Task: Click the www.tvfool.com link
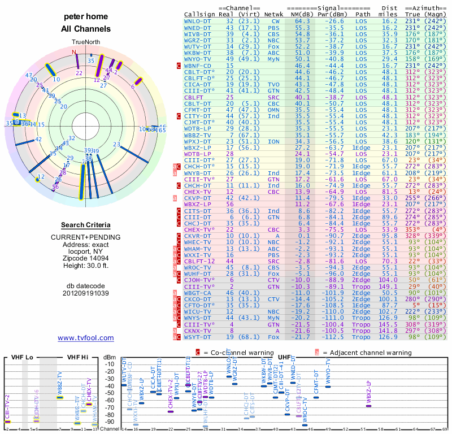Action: [x=86, y=338]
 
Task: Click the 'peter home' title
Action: [x=85, y=17]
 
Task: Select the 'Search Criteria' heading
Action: [x=86, y=225]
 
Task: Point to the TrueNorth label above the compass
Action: [x=85, y=42]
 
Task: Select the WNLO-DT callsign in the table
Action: [x=198, y=21]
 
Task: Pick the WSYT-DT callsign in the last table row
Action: [x=198, y=337]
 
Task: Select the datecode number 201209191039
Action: [x=86, y=293]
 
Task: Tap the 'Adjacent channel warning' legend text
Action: [x=368, y=353]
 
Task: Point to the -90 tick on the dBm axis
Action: [x=111, y=422]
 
